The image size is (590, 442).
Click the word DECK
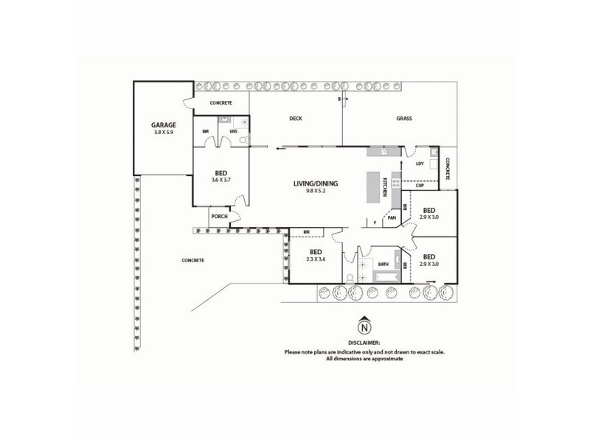pos(296,119)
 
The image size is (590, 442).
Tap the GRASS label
pos(403,119)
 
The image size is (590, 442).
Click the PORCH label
pos(219,217)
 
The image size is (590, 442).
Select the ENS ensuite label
pos(234,131)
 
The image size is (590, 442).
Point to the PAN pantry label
pos(392,218)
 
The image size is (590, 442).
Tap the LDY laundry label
pos(420,164)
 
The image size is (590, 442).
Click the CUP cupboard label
pos(420,185)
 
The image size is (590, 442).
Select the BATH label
pos(383,263)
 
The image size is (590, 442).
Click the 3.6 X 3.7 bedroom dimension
pos(221,180)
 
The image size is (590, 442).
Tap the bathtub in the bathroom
pos(386,277)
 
